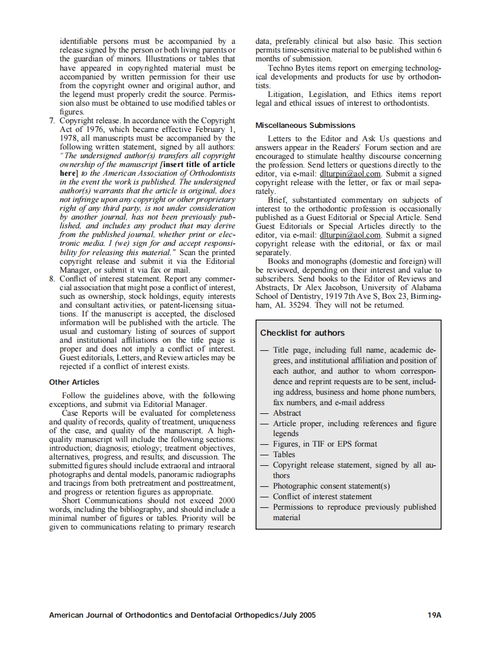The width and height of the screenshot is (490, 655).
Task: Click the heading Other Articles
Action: click(x=74, y=382)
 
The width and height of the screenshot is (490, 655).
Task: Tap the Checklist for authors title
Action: click(x=302, y=333)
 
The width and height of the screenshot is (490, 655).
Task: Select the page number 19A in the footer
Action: click(x=434, y=615)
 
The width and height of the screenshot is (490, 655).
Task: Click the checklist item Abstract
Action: click(x=287, y=413)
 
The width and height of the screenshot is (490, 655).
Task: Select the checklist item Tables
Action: click(x=284, y=454)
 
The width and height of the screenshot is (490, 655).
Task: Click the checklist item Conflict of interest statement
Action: click(x=322, y=496)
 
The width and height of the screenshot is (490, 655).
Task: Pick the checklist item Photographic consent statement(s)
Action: click(x=331, y=486)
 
